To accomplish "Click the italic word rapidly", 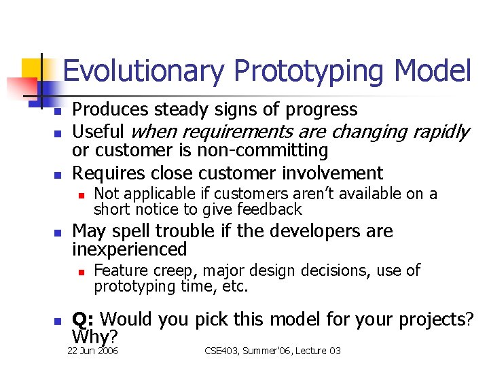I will pos(441,131).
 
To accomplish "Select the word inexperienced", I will pos(129,249).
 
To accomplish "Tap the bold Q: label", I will pos(84,319).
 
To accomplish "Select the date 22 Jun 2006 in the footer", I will pos(92,351).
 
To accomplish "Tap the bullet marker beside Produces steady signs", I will pos(58,111).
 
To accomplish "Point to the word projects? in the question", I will pos(440,319).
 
